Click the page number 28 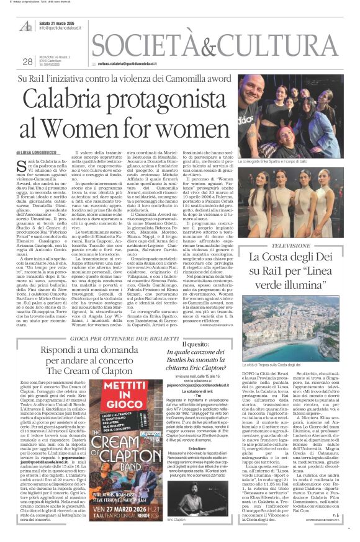click(x=27, y=61)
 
